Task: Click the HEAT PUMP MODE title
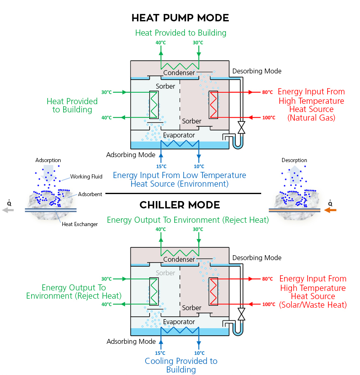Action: pos(180,18)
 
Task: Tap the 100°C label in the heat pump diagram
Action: pos(269,118)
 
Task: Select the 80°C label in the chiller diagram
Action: pos(267,279)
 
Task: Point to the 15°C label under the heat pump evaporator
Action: pos(161,166)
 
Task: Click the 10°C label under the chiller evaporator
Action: pos(199,353)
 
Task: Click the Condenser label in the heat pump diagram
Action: pos(179,73)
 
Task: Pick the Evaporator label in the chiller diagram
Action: pos(179,322)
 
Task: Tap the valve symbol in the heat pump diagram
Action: pos(242,127)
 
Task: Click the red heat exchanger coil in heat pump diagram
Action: pos(213,105)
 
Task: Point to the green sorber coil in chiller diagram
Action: pos(153,291)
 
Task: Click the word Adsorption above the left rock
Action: pos(48,160)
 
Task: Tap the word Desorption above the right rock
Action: pos(294,160)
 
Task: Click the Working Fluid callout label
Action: pos(86,176)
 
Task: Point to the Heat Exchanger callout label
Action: pos(80,224)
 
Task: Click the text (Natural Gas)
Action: pos(311,118)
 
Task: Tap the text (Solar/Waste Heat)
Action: pos(313,305)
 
